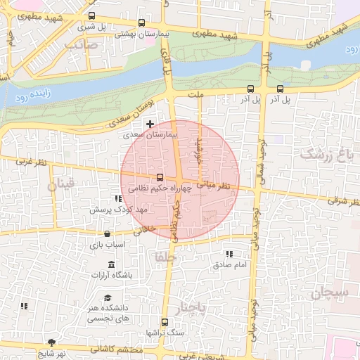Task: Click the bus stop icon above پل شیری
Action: (91, 15)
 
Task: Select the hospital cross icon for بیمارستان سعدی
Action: (150, 124)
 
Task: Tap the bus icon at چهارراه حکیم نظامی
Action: (160, 177)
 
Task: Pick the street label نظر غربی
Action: (32, 163)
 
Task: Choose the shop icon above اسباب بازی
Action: (107, 234)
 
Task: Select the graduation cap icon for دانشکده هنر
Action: (108, 298)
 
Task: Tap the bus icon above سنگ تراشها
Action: (165, 321)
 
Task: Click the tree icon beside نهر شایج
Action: (51, 342)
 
